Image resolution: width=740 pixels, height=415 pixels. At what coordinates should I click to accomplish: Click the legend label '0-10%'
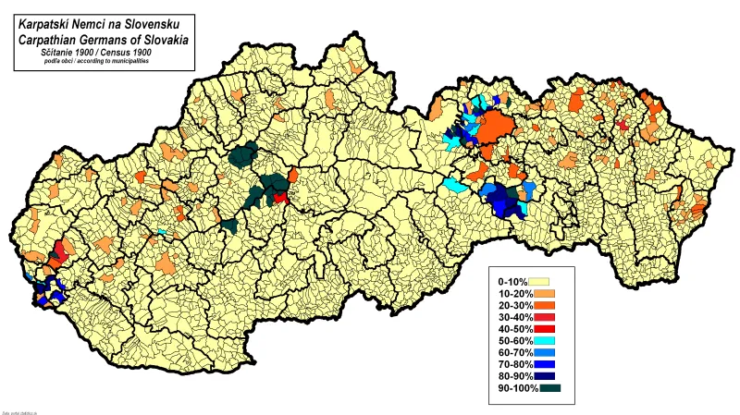[511, 281]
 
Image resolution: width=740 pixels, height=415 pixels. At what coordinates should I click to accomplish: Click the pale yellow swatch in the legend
[539, 281]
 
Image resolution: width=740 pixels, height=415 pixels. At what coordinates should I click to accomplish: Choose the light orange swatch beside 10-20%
[543, 294]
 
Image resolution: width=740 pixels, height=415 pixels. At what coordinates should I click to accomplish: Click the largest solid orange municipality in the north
[498, 127]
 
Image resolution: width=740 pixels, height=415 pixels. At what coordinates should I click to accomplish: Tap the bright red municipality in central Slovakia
[280, 197]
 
